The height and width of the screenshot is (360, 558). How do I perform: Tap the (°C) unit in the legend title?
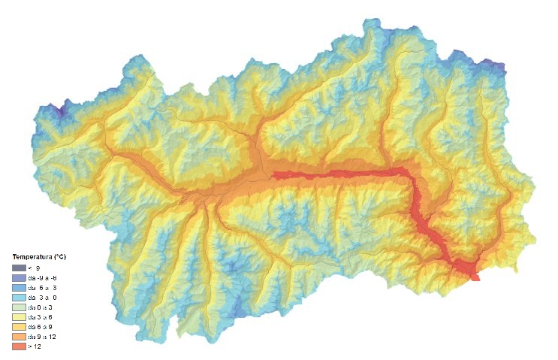pos(59,257)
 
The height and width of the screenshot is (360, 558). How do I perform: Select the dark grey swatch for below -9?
pos(19,268)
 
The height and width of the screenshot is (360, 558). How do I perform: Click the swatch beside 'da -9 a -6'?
pos(19,277)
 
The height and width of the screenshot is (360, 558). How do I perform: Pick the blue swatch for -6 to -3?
pos(19,287)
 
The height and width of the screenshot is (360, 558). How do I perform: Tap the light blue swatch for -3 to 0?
pos(19,297)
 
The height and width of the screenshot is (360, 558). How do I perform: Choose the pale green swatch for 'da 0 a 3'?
pos(19,307)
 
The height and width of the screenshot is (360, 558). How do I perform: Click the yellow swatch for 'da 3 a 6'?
pos(19,316)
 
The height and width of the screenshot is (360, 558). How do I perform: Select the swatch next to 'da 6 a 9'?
pos(19,326)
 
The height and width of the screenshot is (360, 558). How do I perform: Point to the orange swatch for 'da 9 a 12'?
pos(19,336)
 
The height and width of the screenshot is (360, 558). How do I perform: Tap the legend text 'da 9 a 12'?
pos(41,336)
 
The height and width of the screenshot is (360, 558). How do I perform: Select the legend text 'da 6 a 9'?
pos(39,326)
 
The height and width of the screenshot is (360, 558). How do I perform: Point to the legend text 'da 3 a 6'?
pos(39,316)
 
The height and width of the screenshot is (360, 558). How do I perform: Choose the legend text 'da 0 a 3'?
pos(39,307)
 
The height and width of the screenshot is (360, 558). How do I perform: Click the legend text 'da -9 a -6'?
pos(42,277)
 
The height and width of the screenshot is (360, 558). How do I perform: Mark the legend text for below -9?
pos(35,268)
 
